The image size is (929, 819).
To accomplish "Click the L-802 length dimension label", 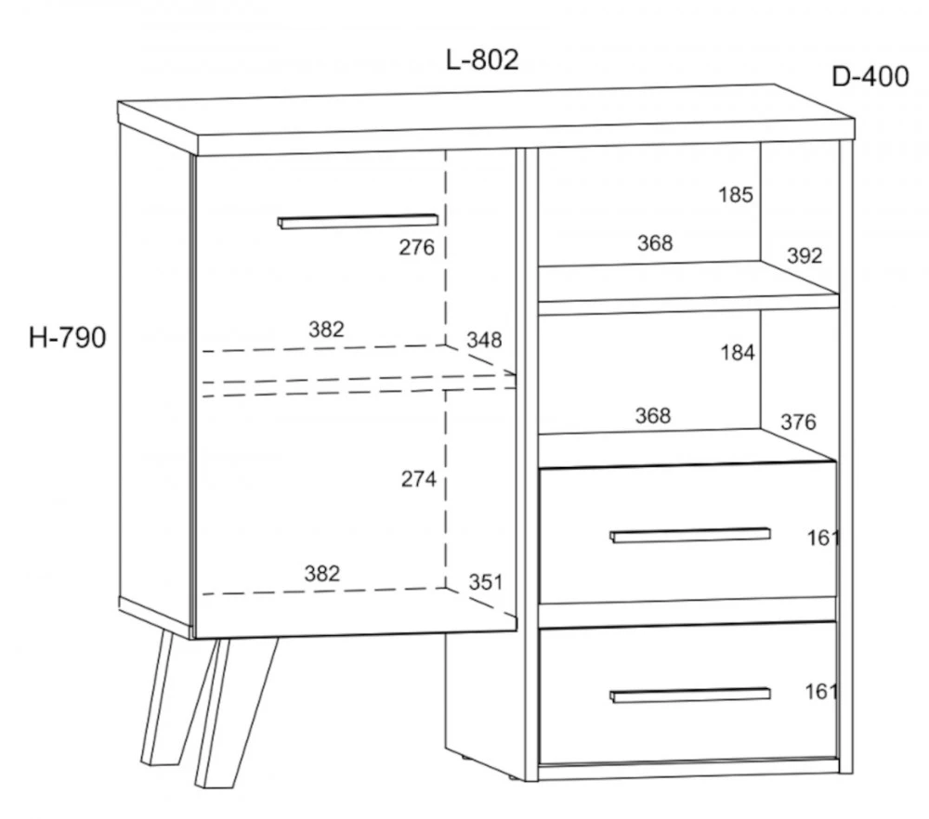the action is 482,59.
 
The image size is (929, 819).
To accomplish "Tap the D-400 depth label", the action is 870,77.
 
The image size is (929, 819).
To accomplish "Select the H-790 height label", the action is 68,338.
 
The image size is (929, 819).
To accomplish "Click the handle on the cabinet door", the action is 358,221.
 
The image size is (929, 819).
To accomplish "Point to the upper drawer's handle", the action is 690,535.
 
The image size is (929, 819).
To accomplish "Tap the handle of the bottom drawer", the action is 690,695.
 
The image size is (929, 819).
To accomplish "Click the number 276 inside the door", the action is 416,247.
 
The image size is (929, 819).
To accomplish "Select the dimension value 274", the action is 419,478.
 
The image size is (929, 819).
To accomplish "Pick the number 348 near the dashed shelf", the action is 484,340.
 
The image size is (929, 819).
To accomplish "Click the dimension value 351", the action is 486,582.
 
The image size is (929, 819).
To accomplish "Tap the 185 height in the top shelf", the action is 736,195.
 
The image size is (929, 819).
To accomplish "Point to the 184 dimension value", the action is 738,353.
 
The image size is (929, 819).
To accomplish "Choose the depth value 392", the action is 805,256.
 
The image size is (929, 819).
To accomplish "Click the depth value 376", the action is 798,422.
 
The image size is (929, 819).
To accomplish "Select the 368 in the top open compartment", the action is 655,242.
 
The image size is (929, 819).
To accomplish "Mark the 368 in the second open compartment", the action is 653,416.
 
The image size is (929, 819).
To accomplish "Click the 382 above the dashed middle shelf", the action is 326,330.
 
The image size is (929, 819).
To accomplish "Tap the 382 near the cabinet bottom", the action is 322,573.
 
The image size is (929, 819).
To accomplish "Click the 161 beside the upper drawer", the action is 822,538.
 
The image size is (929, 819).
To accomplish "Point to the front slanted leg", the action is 236,713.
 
